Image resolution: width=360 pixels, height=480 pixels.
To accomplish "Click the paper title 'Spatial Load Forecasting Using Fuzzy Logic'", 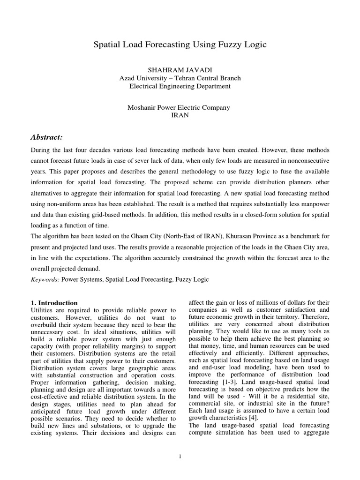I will [x=180, y=45].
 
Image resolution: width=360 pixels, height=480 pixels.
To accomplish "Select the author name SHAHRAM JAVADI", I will [x=180, y=70].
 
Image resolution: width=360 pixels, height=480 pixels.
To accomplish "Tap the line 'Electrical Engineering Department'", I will [x=180, y=86].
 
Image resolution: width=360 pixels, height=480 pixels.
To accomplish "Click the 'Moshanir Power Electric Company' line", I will [x=180, y=107].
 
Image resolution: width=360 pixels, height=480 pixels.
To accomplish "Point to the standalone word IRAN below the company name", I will [x=180, y=115].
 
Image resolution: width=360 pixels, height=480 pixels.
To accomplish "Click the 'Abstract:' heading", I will [x=46, y=137].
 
